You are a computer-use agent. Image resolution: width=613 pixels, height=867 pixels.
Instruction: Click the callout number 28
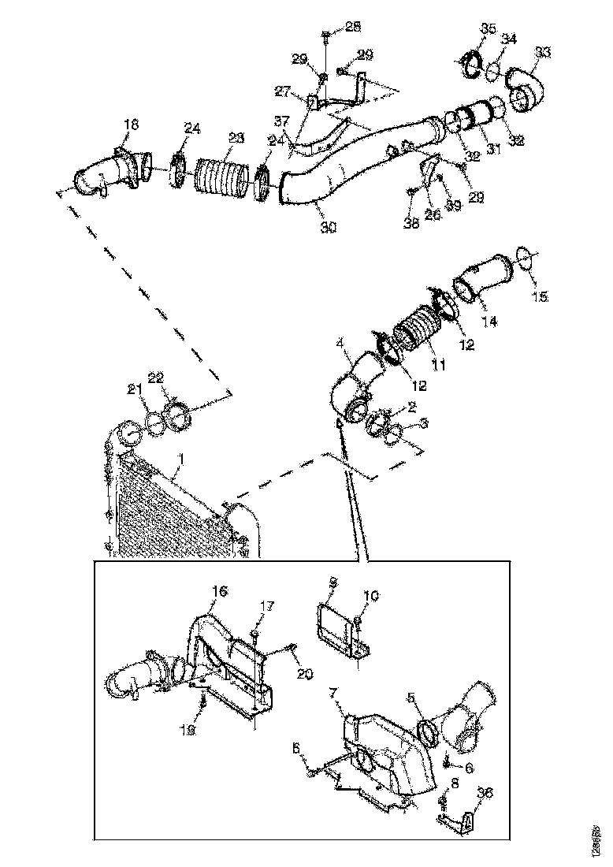pos(353,28)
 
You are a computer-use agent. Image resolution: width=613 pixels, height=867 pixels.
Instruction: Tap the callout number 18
pos(131,125)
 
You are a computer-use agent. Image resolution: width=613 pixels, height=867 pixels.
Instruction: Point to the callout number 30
pos(329,227)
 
